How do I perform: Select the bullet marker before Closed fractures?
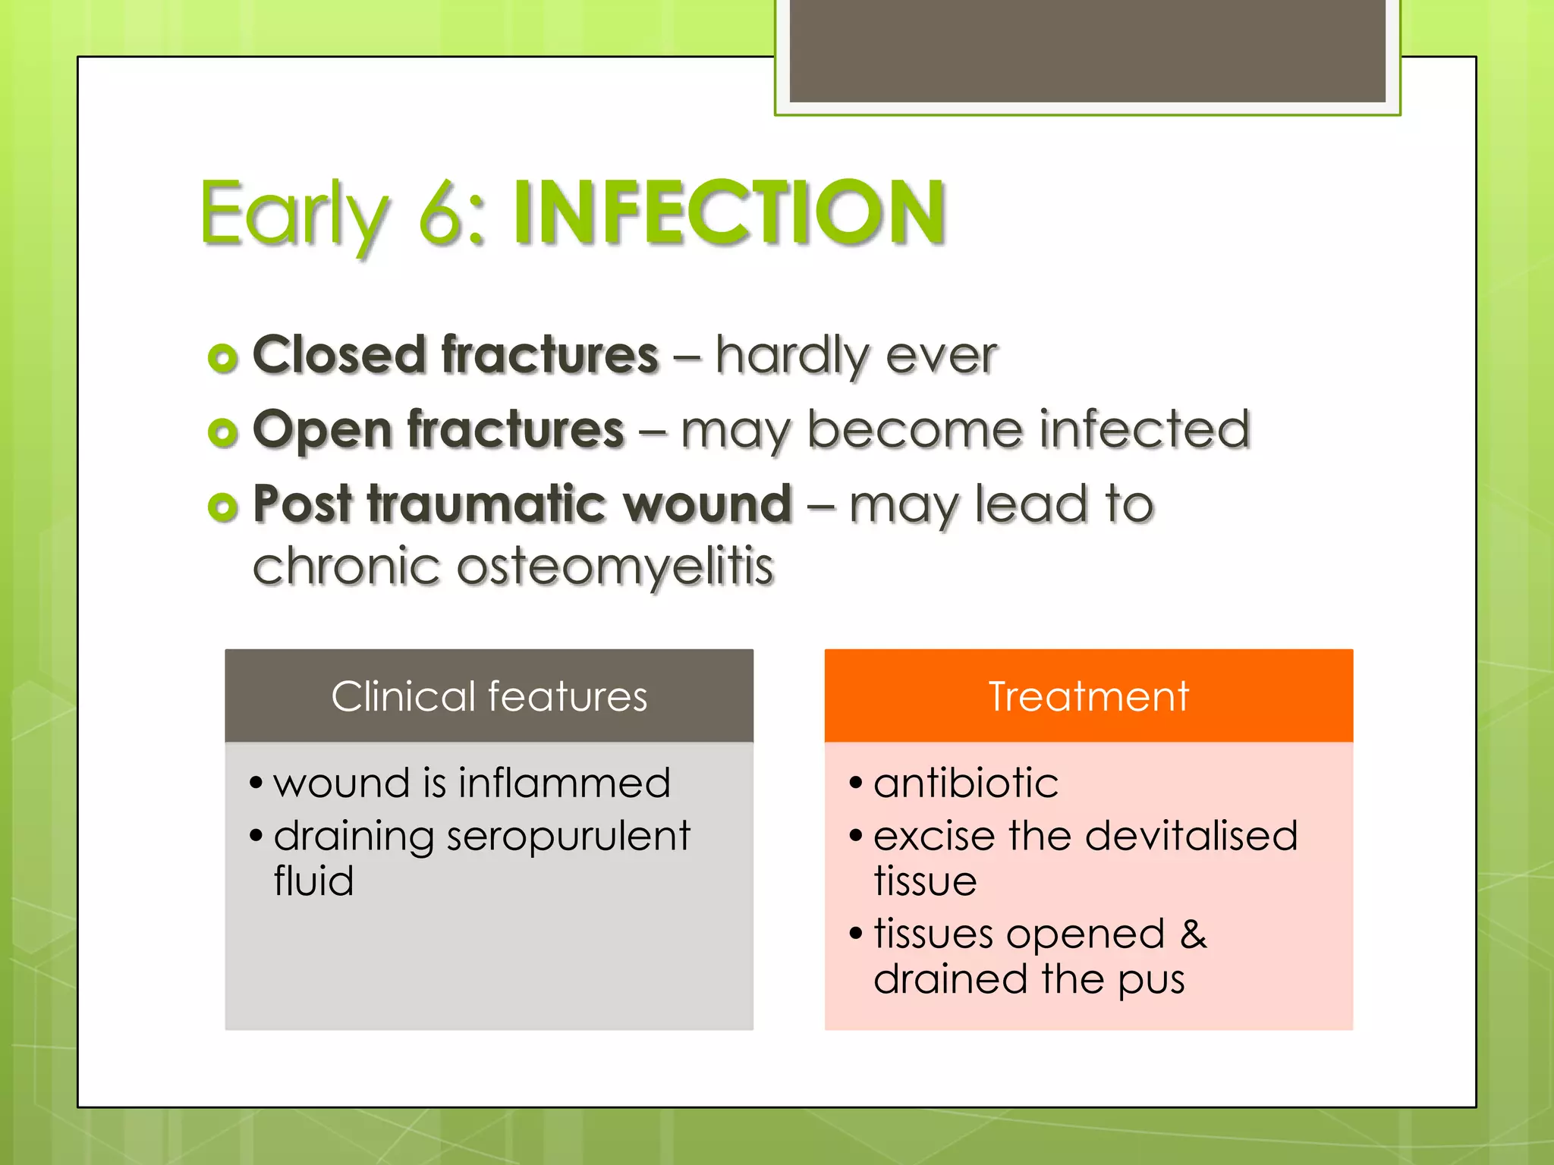(222, 358)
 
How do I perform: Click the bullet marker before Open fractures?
(222, 432)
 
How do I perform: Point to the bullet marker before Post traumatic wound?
(222, 507)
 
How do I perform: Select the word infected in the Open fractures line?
(1144, 429)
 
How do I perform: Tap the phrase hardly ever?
(856, 355)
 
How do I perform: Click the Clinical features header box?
(489, 696)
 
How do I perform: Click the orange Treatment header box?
(1088, 696)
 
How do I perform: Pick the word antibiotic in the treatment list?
(966, 783)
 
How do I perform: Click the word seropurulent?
(568, 837)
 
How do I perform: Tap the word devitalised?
(1191, 837)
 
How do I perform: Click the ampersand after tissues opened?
(1193, 934)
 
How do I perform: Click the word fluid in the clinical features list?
(313, 881)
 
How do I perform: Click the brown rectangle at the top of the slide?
(1087, 52)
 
